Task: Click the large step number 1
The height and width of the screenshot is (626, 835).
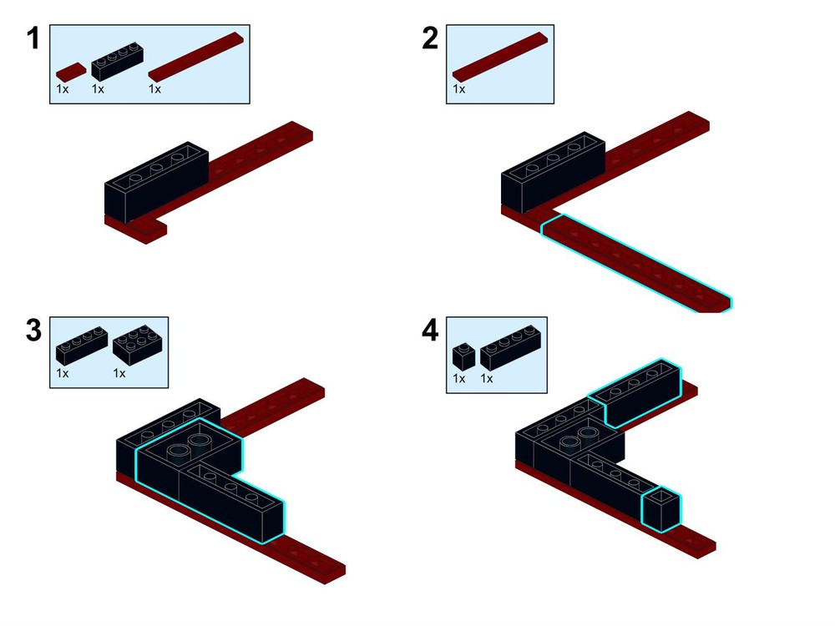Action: (33, 38)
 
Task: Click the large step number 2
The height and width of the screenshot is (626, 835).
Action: (430, 38)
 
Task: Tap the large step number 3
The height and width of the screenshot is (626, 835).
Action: (33, 330)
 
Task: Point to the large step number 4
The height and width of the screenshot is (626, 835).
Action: (430, 330)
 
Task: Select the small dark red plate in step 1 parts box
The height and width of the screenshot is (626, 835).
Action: (71, 71)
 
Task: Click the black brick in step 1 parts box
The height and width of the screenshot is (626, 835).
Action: (117, 61)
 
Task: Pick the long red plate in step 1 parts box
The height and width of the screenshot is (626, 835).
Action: (195, 57)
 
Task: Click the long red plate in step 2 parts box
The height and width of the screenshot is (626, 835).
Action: (499, 57)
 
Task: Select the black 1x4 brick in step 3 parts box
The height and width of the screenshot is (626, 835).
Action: (82, 346)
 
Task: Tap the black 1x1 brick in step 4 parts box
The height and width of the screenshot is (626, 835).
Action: (463, 356)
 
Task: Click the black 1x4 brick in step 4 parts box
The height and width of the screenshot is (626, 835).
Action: (511, 347)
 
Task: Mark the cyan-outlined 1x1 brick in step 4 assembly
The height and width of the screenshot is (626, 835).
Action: (660, 509)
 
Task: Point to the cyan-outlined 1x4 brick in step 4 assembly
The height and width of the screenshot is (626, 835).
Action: (635, 393)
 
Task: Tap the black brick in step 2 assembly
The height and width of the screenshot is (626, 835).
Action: (554, 171)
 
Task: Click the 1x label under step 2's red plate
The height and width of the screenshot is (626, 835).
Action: (459, 89)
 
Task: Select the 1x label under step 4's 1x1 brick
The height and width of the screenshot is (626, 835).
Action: (459, 378)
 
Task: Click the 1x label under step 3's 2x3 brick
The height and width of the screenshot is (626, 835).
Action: (119, 373)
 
